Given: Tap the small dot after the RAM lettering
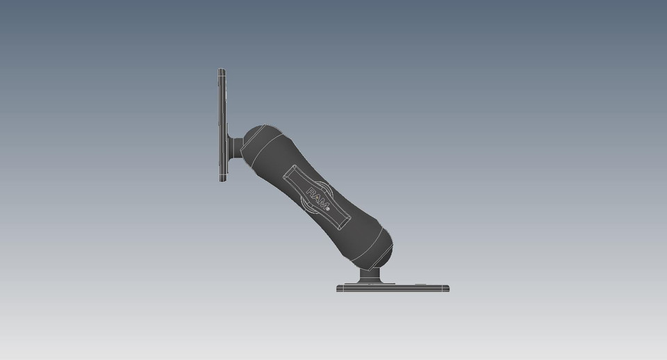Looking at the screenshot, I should point(328,206).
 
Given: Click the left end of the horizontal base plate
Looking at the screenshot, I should point(340,288).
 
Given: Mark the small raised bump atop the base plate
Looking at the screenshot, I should point(420,283).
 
